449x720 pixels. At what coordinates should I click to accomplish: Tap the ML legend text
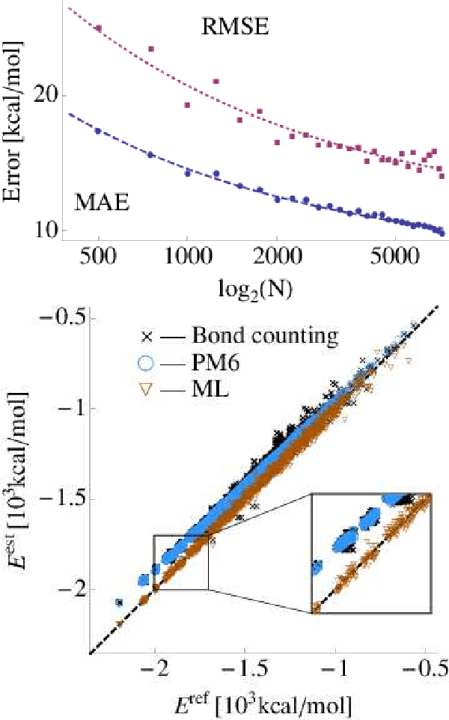pos(206,390)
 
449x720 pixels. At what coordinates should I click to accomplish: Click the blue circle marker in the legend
pos(147,363)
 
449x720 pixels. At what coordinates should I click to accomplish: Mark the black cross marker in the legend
pos(147,334)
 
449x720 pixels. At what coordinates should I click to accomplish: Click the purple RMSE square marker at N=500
pos(98,28)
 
